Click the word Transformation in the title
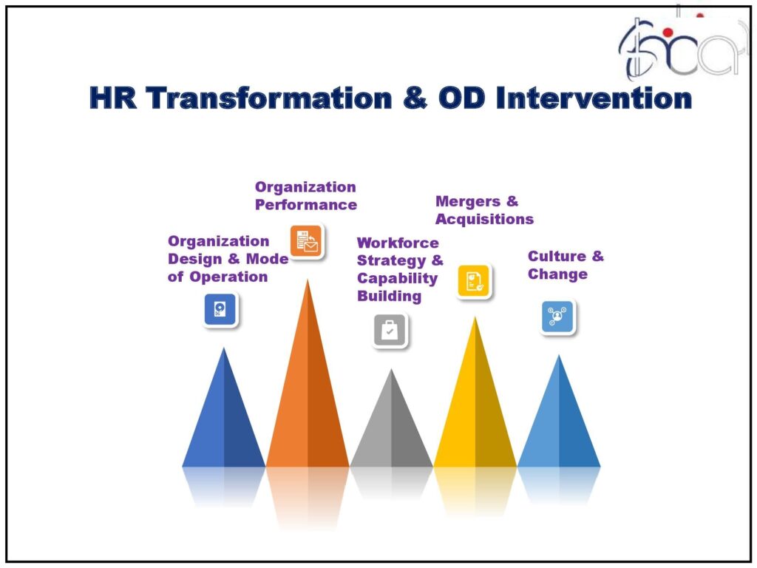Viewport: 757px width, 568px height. coord(269,98)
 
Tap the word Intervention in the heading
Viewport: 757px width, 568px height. coord(594,98)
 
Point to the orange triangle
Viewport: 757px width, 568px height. coord(308,386)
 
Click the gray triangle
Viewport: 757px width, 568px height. coord(392,425)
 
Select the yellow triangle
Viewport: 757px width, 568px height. coord(475,401)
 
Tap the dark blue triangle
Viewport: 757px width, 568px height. coord(223,416)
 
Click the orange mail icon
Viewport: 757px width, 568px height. coord(306,241)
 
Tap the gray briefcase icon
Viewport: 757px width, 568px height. coord(390,331)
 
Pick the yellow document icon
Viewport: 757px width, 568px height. coord(474,281)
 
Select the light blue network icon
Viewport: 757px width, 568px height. coord(557,317)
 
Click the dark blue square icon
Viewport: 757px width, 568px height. coord(220,309)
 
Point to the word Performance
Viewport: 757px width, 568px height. coord(306,205)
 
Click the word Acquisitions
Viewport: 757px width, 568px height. coord(485,219)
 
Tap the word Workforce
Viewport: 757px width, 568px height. coord(398,243)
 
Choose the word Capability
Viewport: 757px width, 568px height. coord(397,279)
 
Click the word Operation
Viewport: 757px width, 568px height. coord(229,277)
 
